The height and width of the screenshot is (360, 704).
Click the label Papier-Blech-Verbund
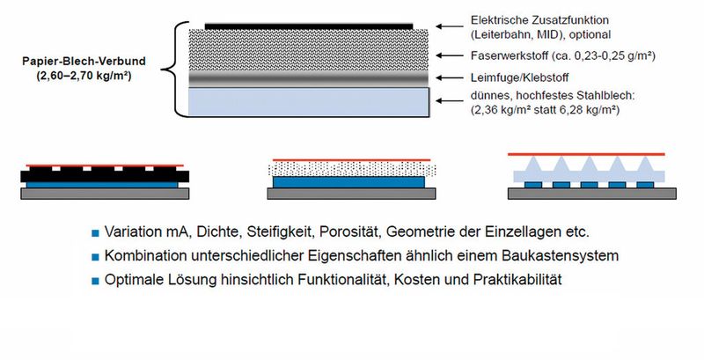pyautogui.click(x=84, y=62)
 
